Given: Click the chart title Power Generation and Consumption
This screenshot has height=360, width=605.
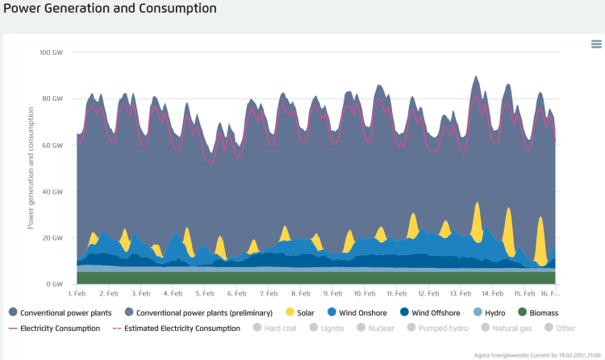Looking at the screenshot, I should point(109,9).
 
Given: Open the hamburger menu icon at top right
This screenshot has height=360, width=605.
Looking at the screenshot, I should point(596,44).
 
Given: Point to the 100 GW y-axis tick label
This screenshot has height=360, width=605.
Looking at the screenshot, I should point(52,52).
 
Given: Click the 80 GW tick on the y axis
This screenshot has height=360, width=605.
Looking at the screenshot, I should point(53,99).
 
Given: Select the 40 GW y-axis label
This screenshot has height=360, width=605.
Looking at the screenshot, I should point(53,192).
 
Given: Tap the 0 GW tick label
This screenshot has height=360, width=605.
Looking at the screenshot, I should point(55,285).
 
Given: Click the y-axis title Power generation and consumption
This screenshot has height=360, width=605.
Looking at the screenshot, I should point(31,169).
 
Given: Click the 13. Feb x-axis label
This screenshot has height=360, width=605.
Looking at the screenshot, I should point(460,294).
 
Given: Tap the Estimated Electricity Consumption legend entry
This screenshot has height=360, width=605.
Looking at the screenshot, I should point(184,329).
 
